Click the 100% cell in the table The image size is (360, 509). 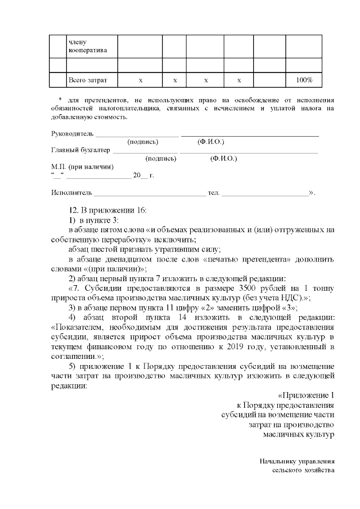(304, 80)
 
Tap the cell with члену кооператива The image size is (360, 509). (84, 46)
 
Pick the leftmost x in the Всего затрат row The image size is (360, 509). (140, 80)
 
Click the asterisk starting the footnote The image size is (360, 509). (60, 100)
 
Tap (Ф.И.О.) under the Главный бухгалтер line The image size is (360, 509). (223, 159)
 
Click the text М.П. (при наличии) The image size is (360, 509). (82, 167)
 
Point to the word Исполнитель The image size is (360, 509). (70, 193)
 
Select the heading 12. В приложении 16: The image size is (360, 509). (107, 210)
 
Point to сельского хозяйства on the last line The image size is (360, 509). (304, 470)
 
